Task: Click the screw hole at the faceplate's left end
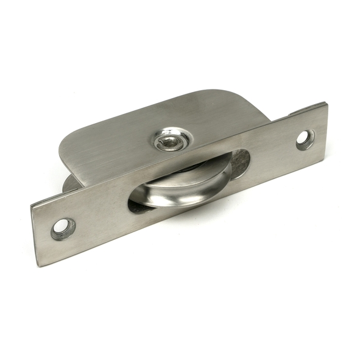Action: coord(63,228)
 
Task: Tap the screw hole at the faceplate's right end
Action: coord(305,139)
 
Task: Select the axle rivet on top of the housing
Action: coord(166,141)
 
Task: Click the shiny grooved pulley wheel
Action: coord(183,189)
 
